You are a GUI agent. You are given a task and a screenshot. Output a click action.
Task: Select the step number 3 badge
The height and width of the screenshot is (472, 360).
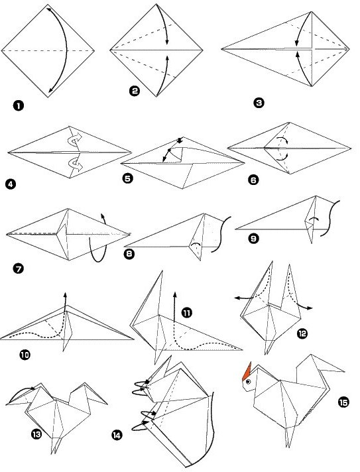coord(259,103)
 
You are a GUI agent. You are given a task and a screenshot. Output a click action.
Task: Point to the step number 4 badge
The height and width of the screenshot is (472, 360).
coord(9,185)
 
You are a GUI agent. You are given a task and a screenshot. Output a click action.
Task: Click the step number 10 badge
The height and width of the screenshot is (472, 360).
coord(25,355)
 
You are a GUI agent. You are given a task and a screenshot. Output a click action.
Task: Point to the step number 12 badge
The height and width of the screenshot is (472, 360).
coord(302,335)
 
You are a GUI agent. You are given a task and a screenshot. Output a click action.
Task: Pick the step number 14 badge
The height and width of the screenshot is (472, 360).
coord(117,435)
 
